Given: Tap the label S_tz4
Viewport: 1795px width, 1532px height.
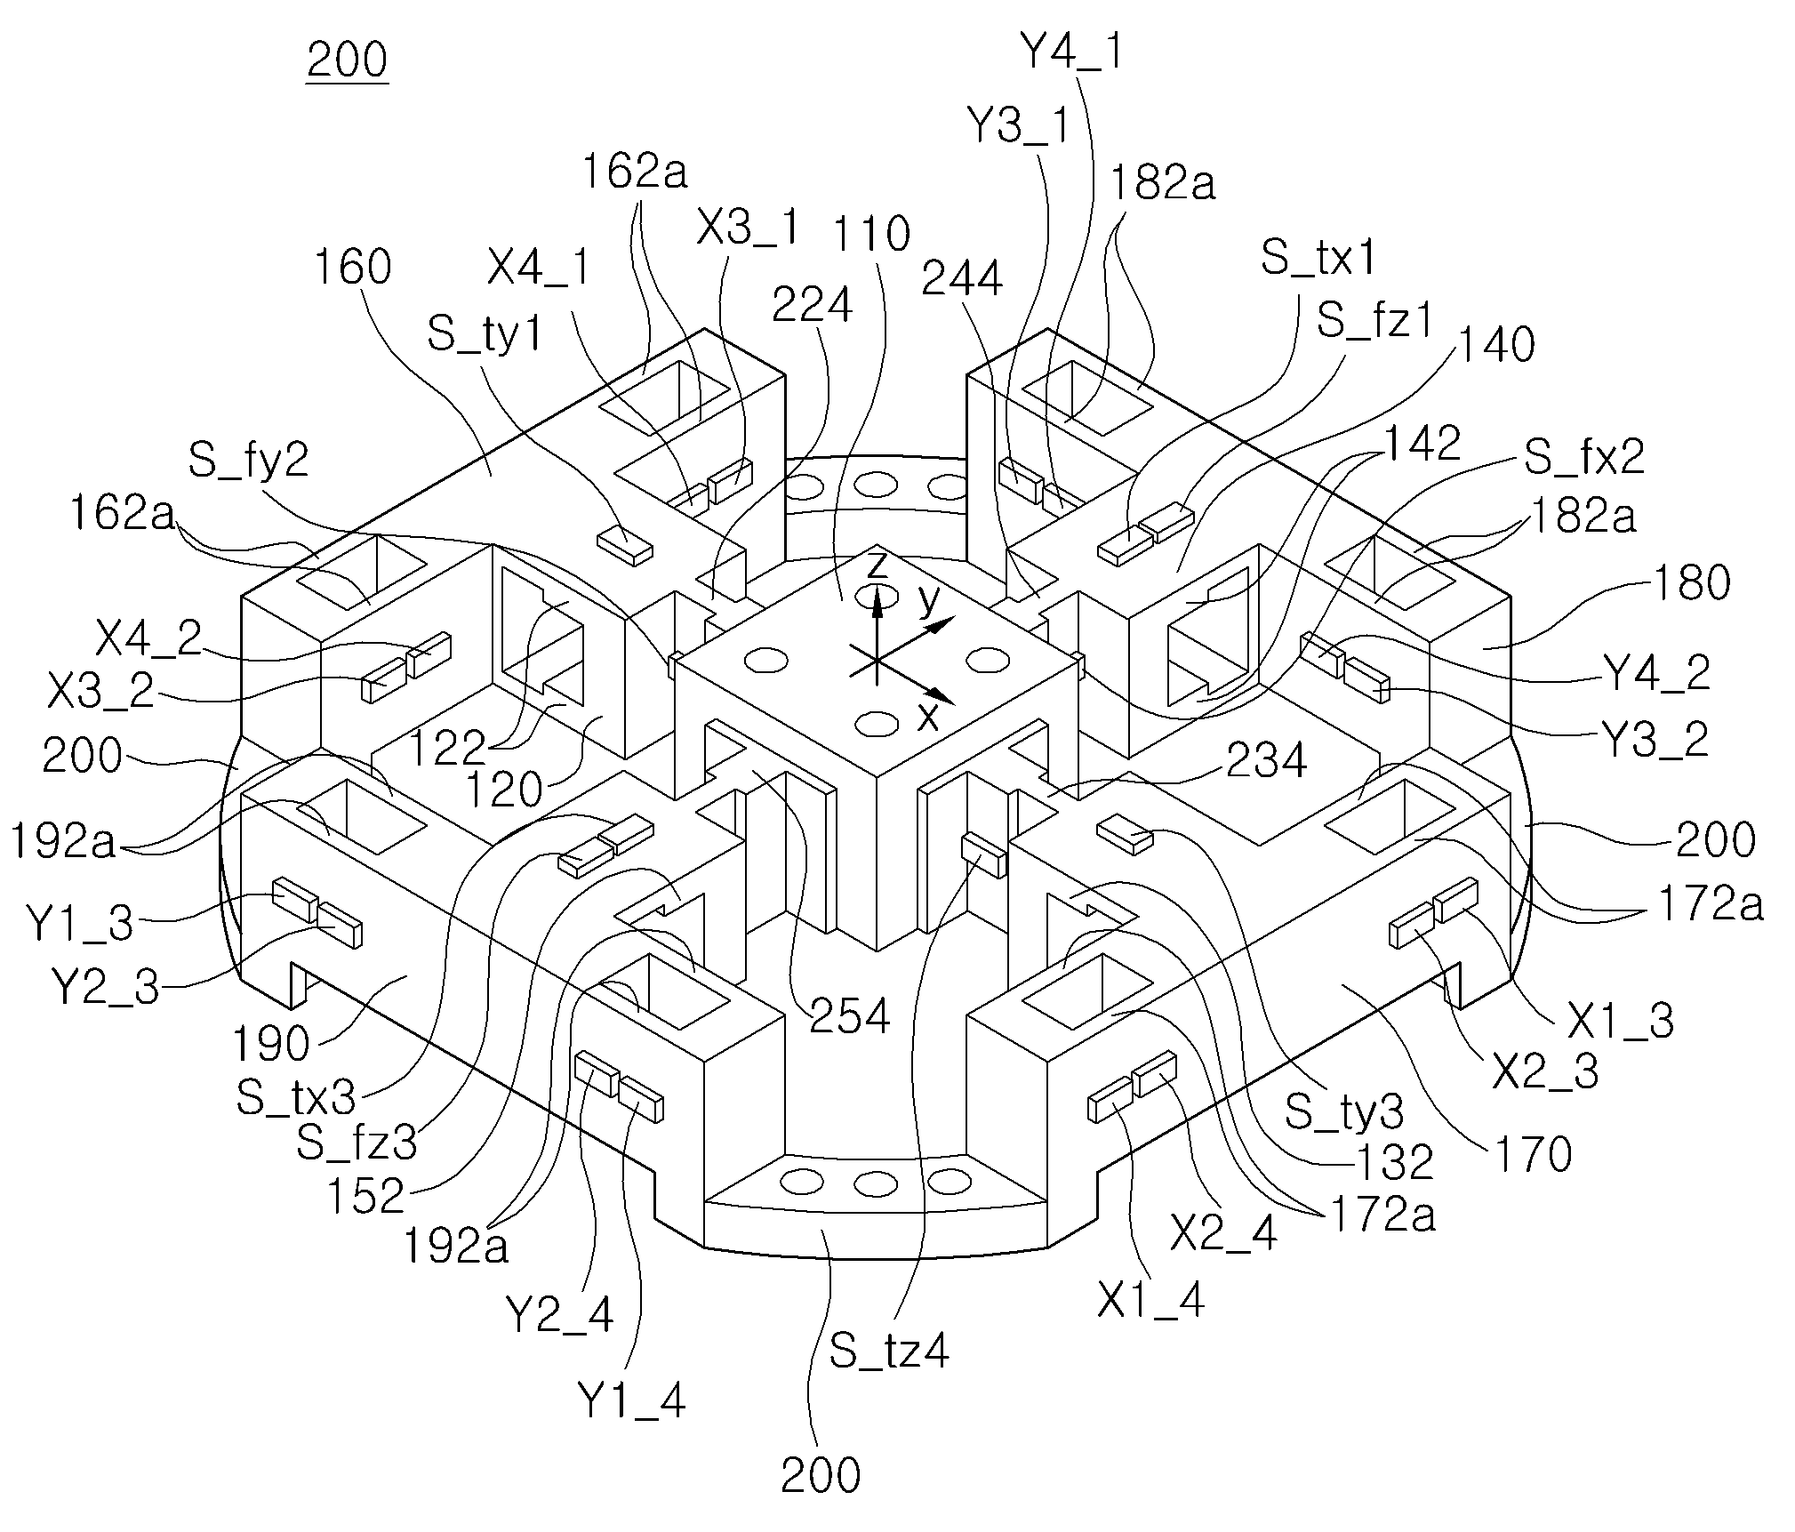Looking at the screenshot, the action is [x=889, y=1350].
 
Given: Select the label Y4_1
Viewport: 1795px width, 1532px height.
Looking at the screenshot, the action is [x=1072, y=52].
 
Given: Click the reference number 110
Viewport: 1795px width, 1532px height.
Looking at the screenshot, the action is [x=870, y=234].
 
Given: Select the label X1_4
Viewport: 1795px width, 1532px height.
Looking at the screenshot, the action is [x=1151, y=1301].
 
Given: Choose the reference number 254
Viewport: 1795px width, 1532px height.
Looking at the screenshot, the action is [x=849, y=1015].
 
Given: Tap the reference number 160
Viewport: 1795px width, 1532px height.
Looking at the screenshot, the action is [x=353, y=266].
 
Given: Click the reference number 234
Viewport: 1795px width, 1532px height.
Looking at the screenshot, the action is [x=1267, y=760].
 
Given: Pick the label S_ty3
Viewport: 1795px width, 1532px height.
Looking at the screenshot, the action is [x=1345, y=1112].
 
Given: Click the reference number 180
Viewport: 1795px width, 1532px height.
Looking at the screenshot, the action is [x=1691, y=582].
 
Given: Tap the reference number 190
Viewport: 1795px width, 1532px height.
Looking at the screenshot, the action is [x=271, y=1043].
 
